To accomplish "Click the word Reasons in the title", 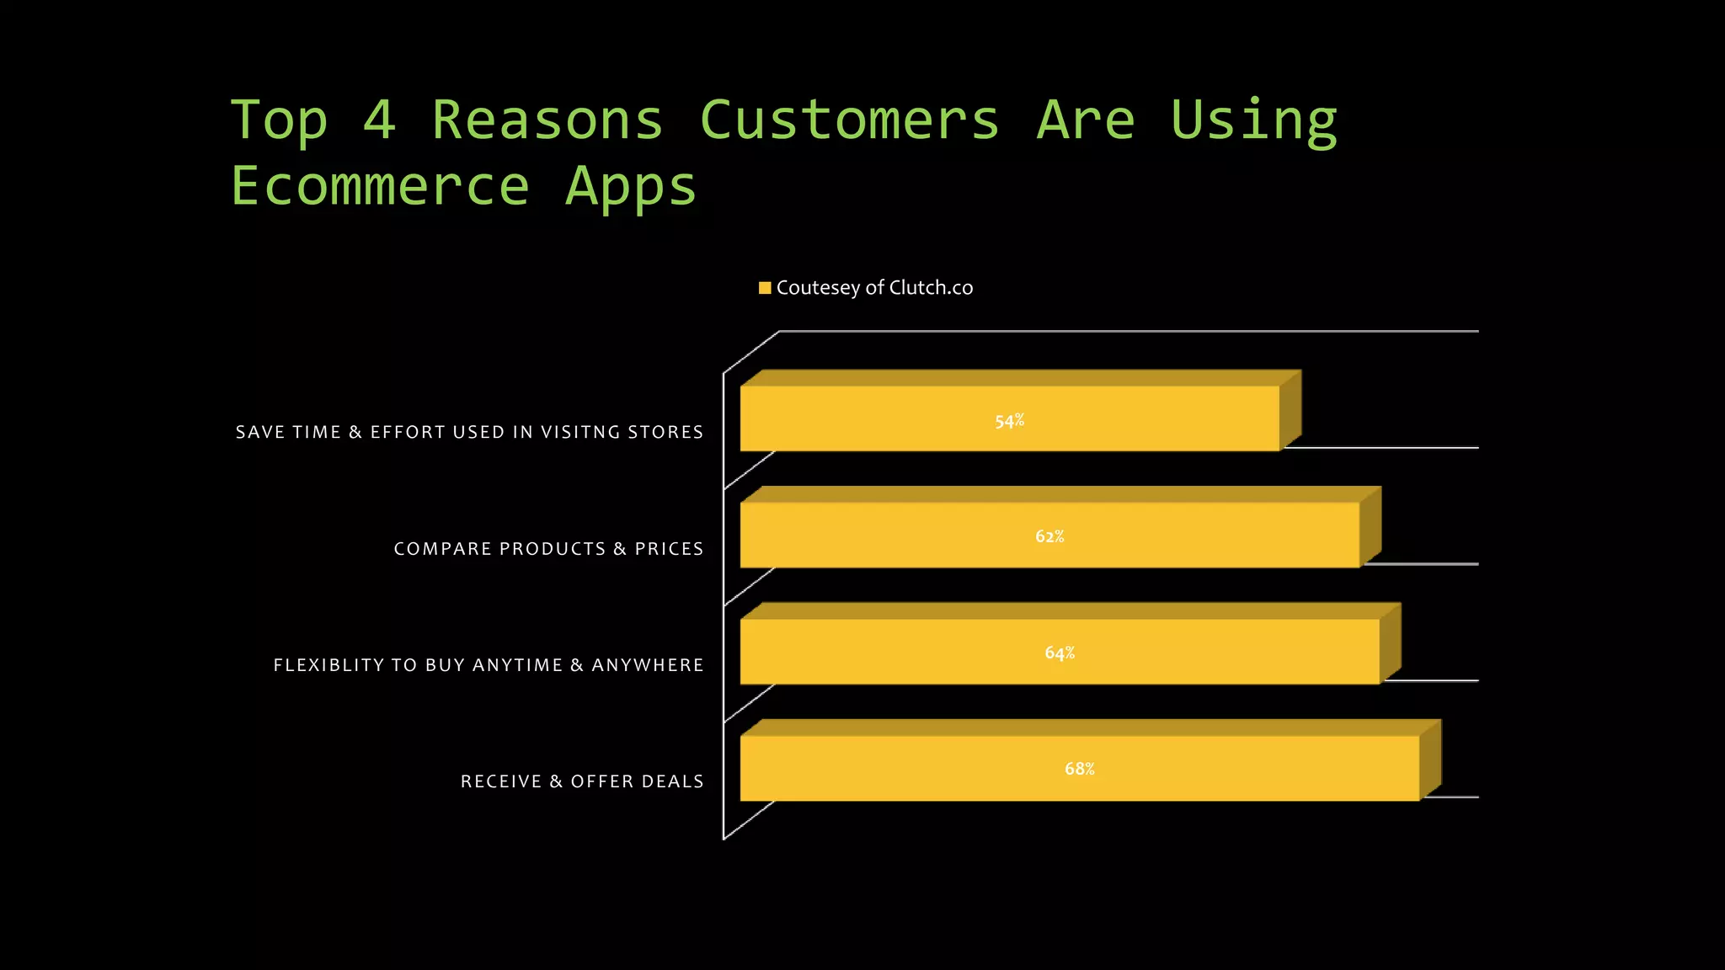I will (x=547, y=120).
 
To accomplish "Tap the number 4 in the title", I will (x=379, y=120).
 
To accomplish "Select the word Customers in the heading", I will (x=849, y=120).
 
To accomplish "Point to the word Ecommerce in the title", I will (x=380, y=186).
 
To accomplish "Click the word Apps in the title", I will (x=631, y=188).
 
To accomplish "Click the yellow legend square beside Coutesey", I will (x=765, y=288).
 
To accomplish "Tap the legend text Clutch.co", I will (x=931, y=288).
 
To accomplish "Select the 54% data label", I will (x=1009, y=420).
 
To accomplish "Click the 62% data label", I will (x=1049, y=536).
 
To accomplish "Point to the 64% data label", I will (x=1060, y=653).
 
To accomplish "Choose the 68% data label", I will (x=1080, y=769).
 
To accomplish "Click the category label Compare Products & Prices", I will (x=548, y=549).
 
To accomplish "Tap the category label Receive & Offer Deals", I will (x=582, y=781).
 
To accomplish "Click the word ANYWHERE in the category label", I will (x=648, y=665).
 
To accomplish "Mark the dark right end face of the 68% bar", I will (x=1430, y=759).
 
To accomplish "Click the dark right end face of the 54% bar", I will (x=1290, y=410).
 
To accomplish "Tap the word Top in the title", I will (x=279, y=120).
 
